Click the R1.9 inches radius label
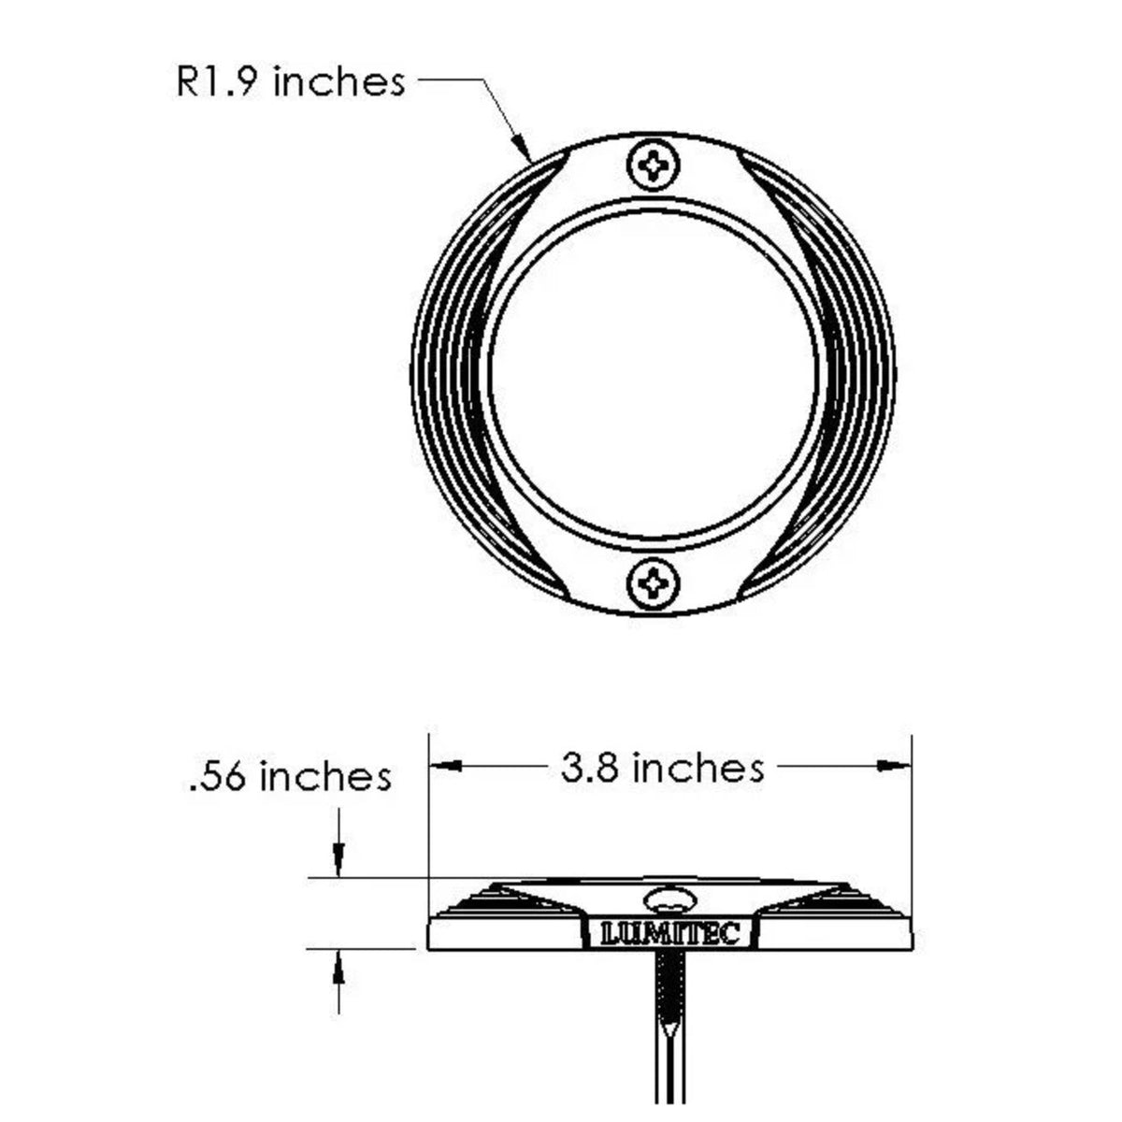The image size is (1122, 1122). [x=290, y=82]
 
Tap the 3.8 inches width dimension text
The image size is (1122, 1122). [x=662, y=767]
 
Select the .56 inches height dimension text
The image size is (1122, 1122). [x=291, y=776]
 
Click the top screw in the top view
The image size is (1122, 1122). [x=654, y=165]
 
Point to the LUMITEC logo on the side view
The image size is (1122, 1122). [x=670, y=934]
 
